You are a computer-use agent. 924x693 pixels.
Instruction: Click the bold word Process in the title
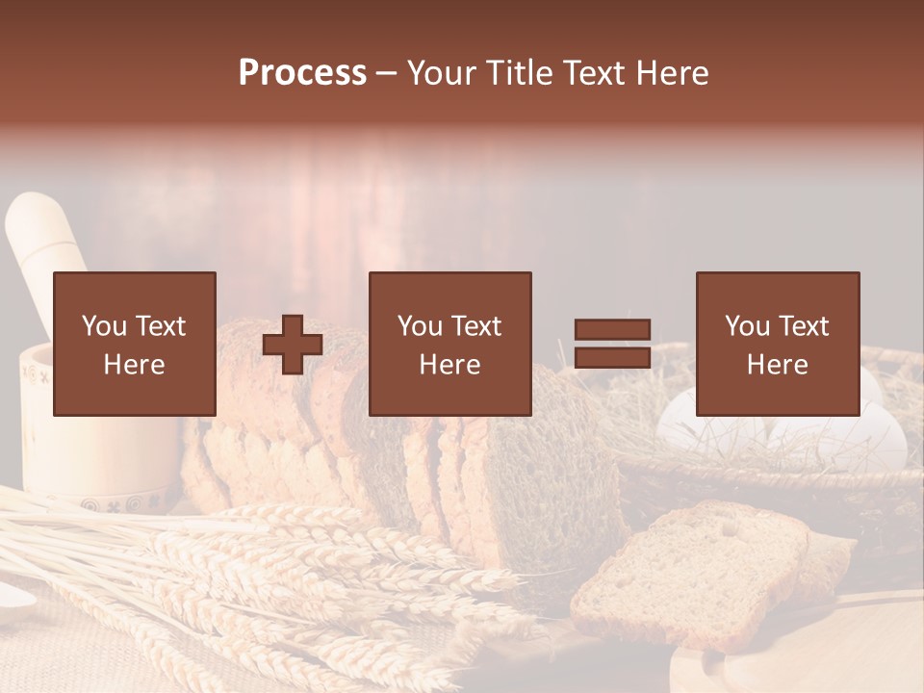(302, 73)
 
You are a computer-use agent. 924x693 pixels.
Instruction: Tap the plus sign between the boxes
(293, 345)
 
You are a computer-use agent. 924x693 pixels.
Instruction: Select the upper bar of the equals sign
(612, 329)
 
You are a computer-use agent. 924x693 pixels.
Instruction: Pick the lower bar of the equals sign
(612, 358)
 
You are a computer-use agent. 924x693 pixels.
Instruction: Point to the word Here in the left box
(135, 365)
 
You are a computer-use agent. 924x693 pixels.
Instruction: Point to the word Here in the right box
(778, 365)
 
